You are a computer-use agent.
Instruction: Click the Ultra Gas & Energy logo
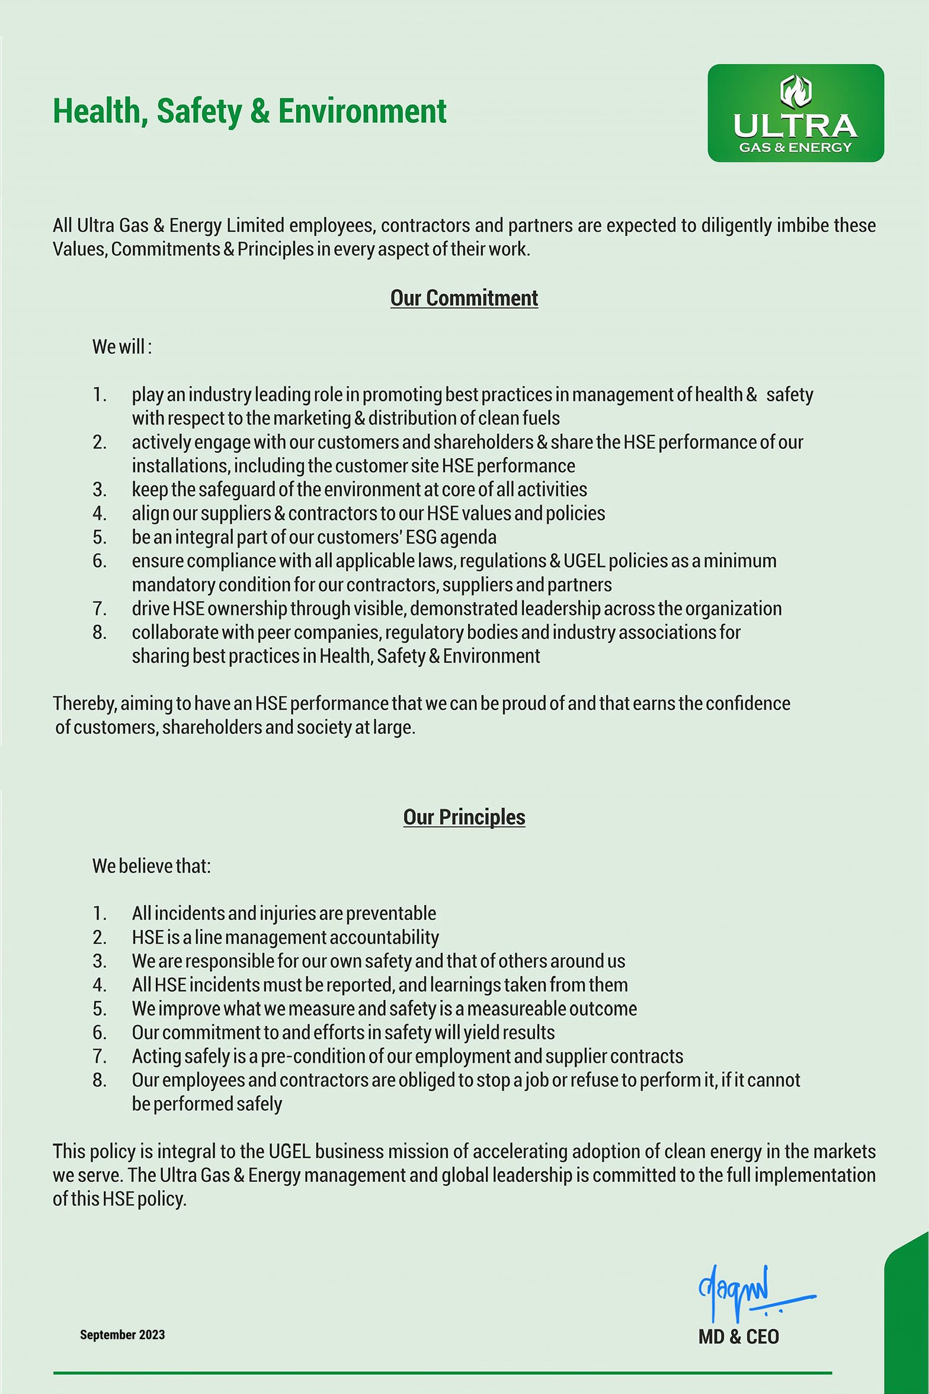click(x=795, y=113)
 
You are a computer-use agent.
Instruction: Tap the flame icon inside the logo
click(x=796, y=91)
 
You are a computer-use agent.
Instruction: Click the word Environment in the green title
click(x=362, y=111)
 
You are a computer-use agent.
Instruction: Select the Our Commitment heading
click(x=464, y=298)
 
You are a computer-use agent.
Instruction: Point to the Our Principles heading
click(x=464, y=817)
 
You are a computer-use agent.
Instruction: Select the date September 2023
click(x=122, y=1335)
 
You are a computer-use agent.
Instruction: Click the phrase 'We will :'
click(x=122, y=347)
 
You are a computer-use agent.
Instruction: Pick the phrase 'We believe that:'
click(x=151, y=866)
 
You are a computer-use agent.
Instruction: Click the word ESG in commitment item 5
click(x=421, y=537)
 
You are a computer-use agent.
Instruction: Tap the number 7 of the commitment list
click(x=99, y=609)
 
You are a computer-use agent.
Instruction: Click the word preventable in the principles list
click(x=390, y=913)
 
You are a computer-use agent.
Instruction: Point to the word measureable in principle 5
click(x=515, y=1009)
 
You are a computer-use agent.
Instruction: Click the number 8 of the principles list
click(x=99, y=1080)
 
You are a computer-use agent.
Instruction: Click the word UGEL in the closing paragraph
click(x=289, y=1152)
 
